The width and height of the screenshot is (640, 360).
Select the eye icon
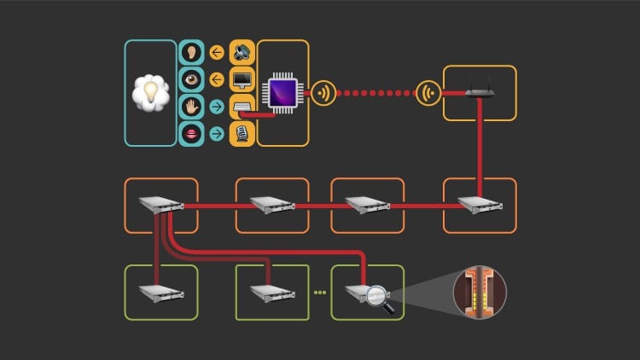(192, 80)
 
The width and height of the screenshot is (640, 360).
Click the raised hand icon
(192, 107)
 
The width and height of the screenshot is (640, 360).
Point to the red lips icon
(192, 133)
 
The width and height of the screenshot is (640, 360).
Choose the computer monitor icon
(241, 80)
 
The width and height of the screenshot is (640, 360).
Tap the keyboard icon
(241, 107)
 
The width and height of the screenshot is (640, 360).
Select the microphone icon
(241, 133)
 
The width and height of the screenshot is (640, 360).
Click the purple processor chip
(282, 93)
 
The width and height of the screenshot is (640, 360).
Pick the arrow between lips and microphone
(217, 133)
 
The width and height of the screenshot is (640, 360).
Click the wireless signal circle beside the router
(428, 93)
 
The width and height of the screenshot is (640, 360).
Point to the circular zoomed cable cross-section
(480, 292)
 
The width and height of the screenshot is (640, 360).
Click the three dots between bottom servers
(320, 293)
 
